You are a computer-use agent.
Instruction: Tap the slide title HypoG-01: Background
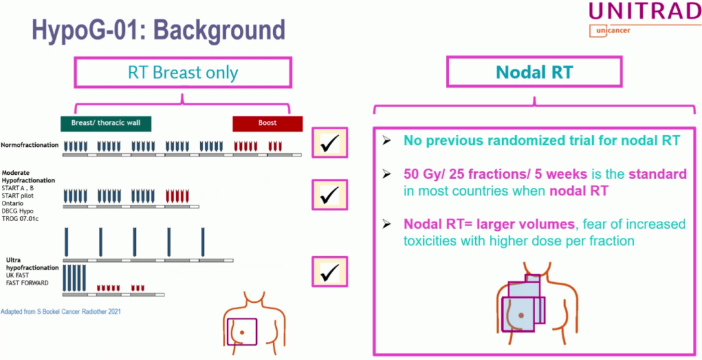click(159, 30)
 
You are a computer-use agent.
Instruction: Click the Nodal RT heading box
click(534, 72)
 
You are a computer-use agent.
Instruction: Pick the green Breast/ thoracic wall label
click(106, 123)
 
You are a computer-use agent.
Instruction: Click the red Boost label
click(267, 123)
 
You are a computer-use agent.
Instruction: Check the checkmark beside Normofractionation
click(330, 144)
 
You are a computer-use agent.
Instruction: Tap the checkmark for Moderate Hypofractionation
click(330, 194)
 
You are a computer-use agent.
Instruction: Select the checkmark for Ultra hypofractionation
click(330, 272)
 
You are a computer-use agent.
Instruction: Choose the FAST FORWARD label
click(27, 283)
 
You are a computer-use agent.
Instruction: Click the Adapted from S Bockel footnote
click(60, 312)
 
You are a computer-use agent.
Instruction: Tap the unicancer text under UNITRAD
click(610, 31)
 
